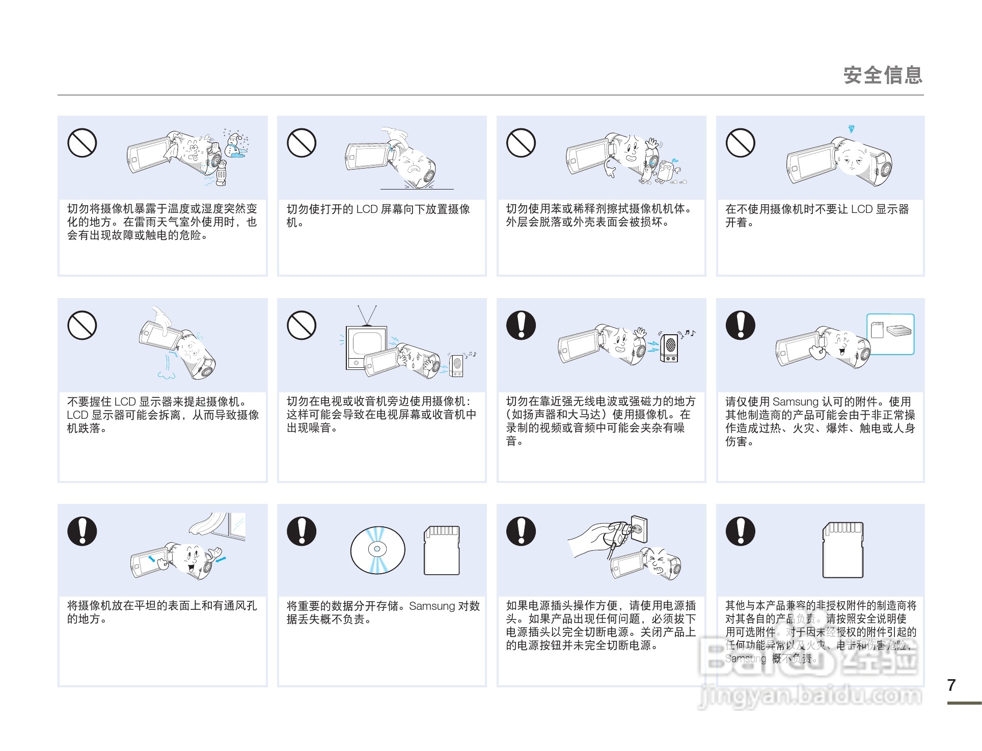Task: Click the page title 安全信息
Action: click(x=883, y=75)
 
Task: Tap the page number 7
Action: click(x=951, y=685)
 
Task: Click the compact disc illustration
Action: click(x=377, y=550)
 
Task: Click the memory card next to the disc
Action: click(x=442, y=550)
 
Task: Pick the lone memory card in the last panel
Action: click(x=843, y=550)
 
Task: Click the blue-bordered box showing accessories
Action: click(x=890, y=334)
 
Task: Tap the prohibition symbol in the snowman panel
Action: click(x=82, y=143)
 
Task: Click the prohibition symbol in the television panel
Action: click(x=302, y=325)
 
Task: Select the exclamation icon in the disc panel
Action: click(x=302, y=531)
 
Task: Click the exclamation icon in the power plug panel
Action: click(x=521, y=531)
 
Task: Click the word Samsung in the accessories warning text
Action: click(x=795, y=402)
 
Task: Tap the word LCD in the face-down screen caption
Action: click(x=366, y=209)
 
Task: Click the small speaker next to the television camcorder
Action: click(x=456, y=365)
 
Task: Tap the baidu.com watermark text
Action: click(x=810, y=695)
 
